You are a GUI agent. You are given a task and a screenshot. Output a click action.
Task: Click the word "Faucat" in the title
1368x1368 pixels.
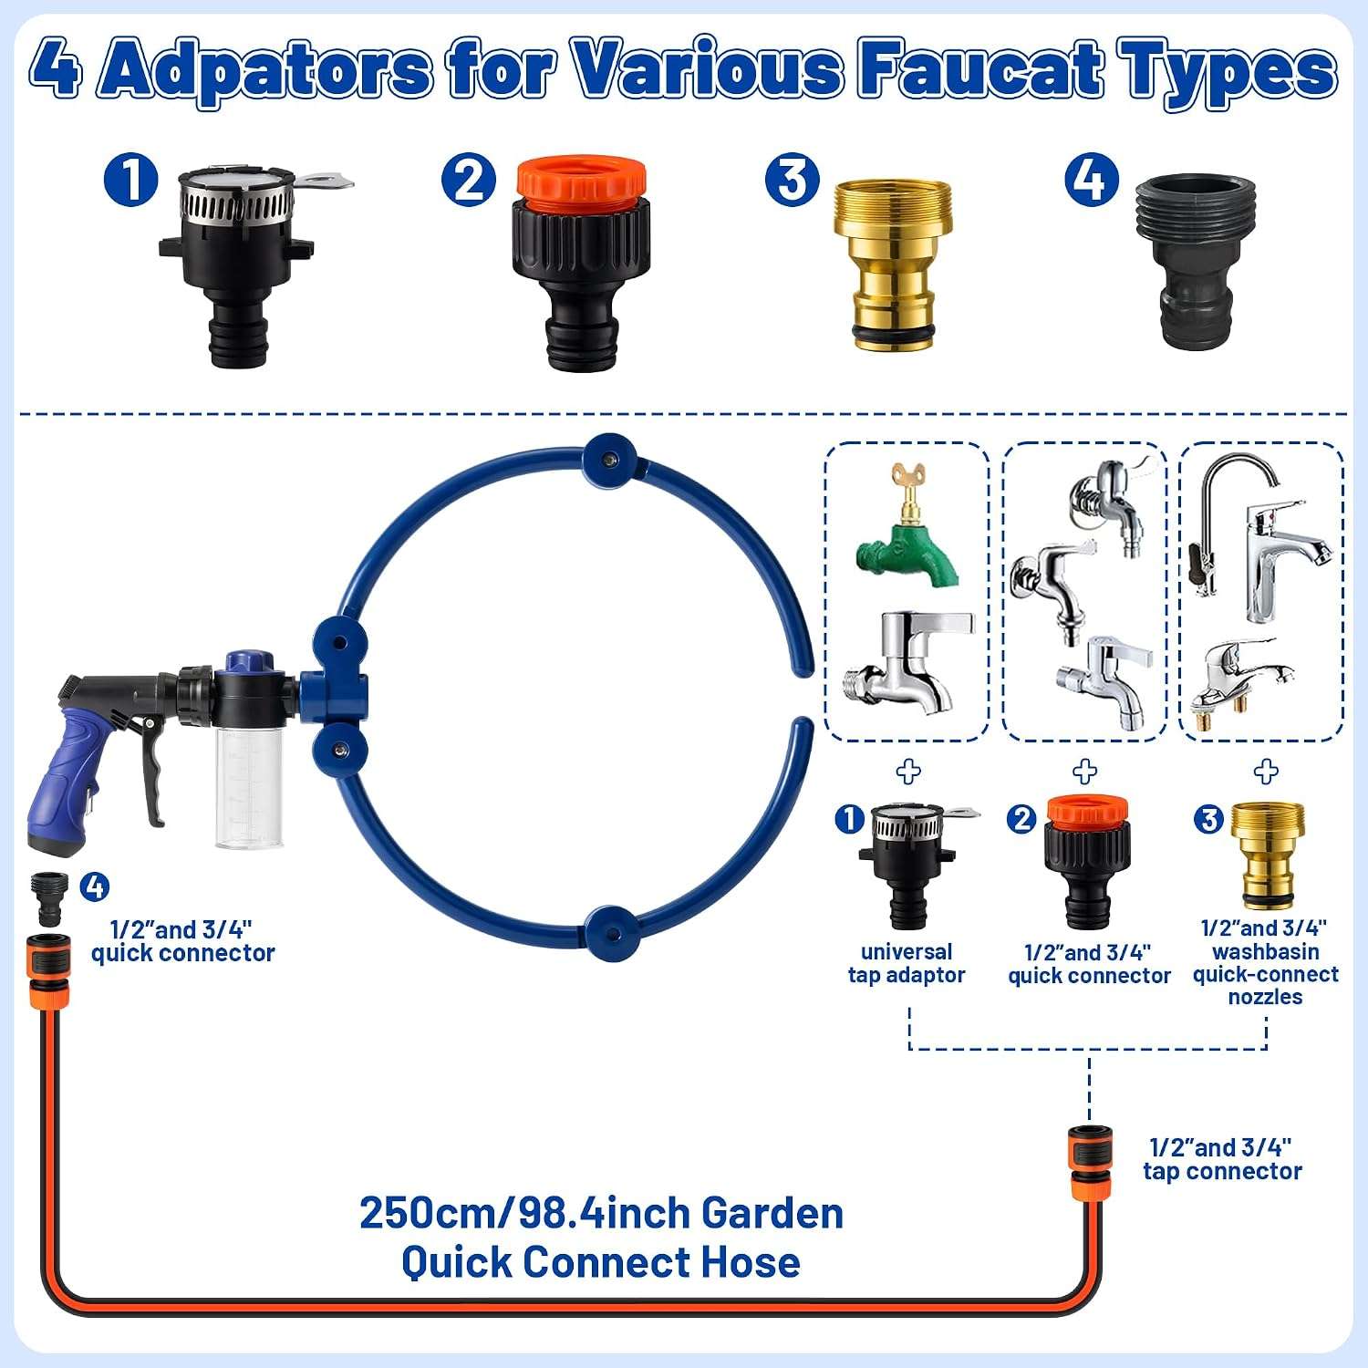[x=980, y=68]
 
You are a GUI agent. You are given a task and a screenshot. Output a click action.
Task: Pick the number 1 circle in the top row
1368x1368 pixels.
[x=131, y=179]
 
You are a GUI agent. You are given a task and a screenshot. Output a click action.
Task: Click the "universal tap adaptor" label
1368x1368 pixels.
[x=907, y=964]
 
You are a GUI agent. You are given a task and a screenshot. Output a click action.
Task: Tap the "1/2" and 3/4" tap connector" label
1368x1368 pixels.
[x=1222, y=1159]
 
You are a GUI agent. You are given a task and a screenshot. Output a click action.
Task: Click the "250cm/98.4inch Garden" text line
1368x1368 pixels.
[x=602, y=1214]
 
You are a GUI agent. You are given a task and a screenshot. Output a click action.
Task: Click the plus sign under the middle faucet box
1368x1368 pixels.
[x=1084, y=772]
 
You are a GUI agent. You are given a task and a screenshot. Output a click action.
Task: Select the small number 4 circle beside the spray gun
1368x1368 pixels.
[x=95, y=886]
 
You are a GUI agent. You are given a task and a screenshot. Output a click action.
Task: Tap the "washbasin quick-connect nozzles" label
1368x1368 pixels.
[x=1266, y=974]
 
